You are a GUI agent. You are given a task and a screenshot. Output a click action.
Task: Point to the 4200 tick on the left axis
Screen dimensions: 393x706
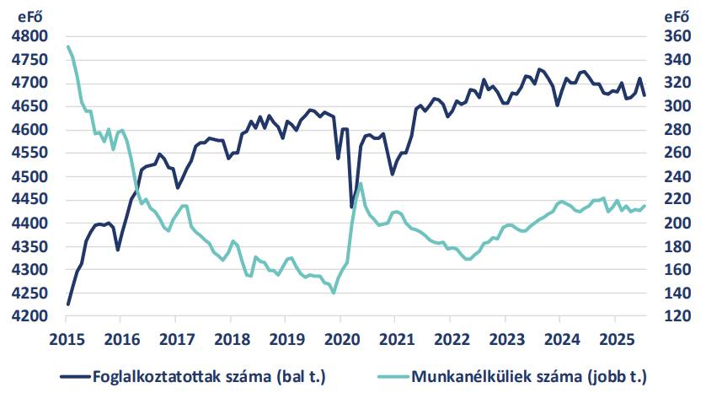point(31,317)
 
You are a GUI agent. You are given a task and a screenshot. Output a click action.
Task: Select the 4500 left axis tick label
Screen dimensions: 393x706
point(31,177)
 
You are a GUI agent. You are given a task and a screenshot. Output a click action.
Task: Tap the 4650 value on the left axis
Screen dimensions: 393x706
point(31,107)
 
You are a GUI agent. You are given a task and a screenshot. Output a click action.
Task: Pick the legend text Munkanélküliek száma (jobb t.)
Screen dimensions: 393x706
point(531,375)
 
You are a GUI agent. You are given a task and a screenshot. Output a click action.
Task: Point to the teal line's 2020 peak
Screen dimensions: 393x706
point(361,184)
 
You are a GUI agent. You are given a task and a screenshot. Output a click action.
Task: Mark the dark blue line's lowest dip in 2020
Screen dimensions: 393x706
point(351,207)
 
